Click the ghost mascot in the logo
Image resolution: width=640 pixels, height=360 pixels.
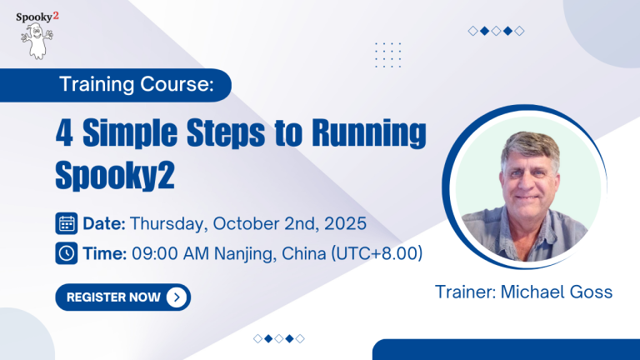[37, 41]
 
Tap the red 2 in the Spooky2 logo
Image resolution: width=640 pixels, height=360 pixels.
[56, 16]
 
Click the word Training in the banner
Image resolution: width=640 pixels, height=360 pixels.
[97, 85]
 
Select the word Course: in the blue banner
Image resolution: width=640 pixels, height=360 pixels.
[177, 84]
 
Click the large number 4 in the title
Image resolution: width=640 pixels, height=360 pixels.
[64, 132]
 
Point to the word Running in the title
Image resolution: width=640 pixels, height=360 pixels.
[369, 133]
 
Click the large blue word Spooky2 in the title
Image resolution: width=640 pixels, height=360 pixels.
[115, 175]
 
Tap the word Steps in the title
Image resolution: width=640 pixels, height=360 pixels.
[226, 133]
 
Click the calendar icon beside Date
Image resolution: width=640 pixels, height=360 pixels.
[67, 223]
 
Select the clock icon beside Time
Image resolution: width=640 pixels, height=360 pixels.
[67, 253]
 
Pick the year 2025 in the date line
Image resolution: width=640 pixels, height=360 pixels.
[345, 223]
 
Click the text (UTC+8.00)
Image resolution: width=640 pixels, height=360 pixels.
[377, 253]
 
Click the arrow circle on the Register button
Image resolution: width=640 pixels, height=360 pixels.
[177, 297]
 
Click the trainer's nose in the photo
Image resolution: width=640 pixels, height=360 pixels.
[528, 182]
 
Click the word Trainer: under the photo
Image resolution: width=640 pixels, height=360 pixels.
[465, 292]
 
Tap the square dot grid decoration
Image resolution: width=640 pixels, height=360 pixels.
[387, 55]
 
